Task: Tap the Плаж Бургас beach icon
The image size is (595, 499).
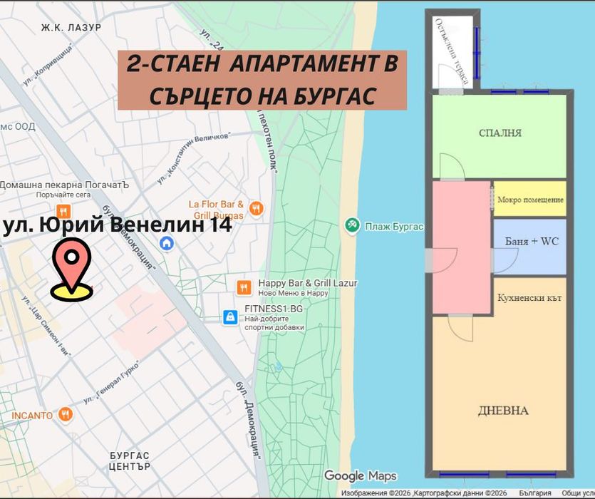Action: [x=351, y=226]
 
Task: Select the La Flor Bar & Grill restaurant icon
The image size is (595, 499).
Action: [x=257, y=209]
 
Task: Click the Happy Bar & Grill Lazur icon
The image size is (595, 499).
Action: [x=244, y=287]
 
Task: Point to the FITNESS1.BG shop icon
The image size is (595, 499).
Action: [x=229, y=317]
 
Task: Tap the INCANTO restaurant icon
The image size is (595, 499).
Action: [x=66, y=414]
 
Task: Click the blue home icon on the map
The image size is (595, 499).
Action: [x=167, y=243]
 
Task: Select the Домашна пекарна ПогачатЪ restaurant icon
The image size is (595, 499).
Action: [x=63, y=211]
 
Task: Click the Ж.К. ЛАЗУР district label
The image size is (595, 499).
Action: [x=71, y=28]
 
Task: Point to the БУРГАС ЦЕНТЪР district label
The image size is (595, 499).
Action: [x=130, y=461]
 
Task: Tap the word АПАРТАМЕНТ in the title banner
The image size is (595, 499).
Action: [x=304, y=64]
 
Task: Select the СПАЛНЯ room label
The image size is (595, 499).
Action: [x=500, y=133]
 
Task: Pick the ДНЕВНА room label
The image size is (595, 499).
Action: [x=503, y=411]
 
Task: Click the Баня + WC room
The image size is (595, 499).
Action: [x=531, y=242]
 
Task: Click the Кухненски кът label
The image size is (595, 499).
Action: [x=529, y=297]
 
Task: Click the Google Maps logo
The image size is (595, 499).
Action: [x=361, y=476]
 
